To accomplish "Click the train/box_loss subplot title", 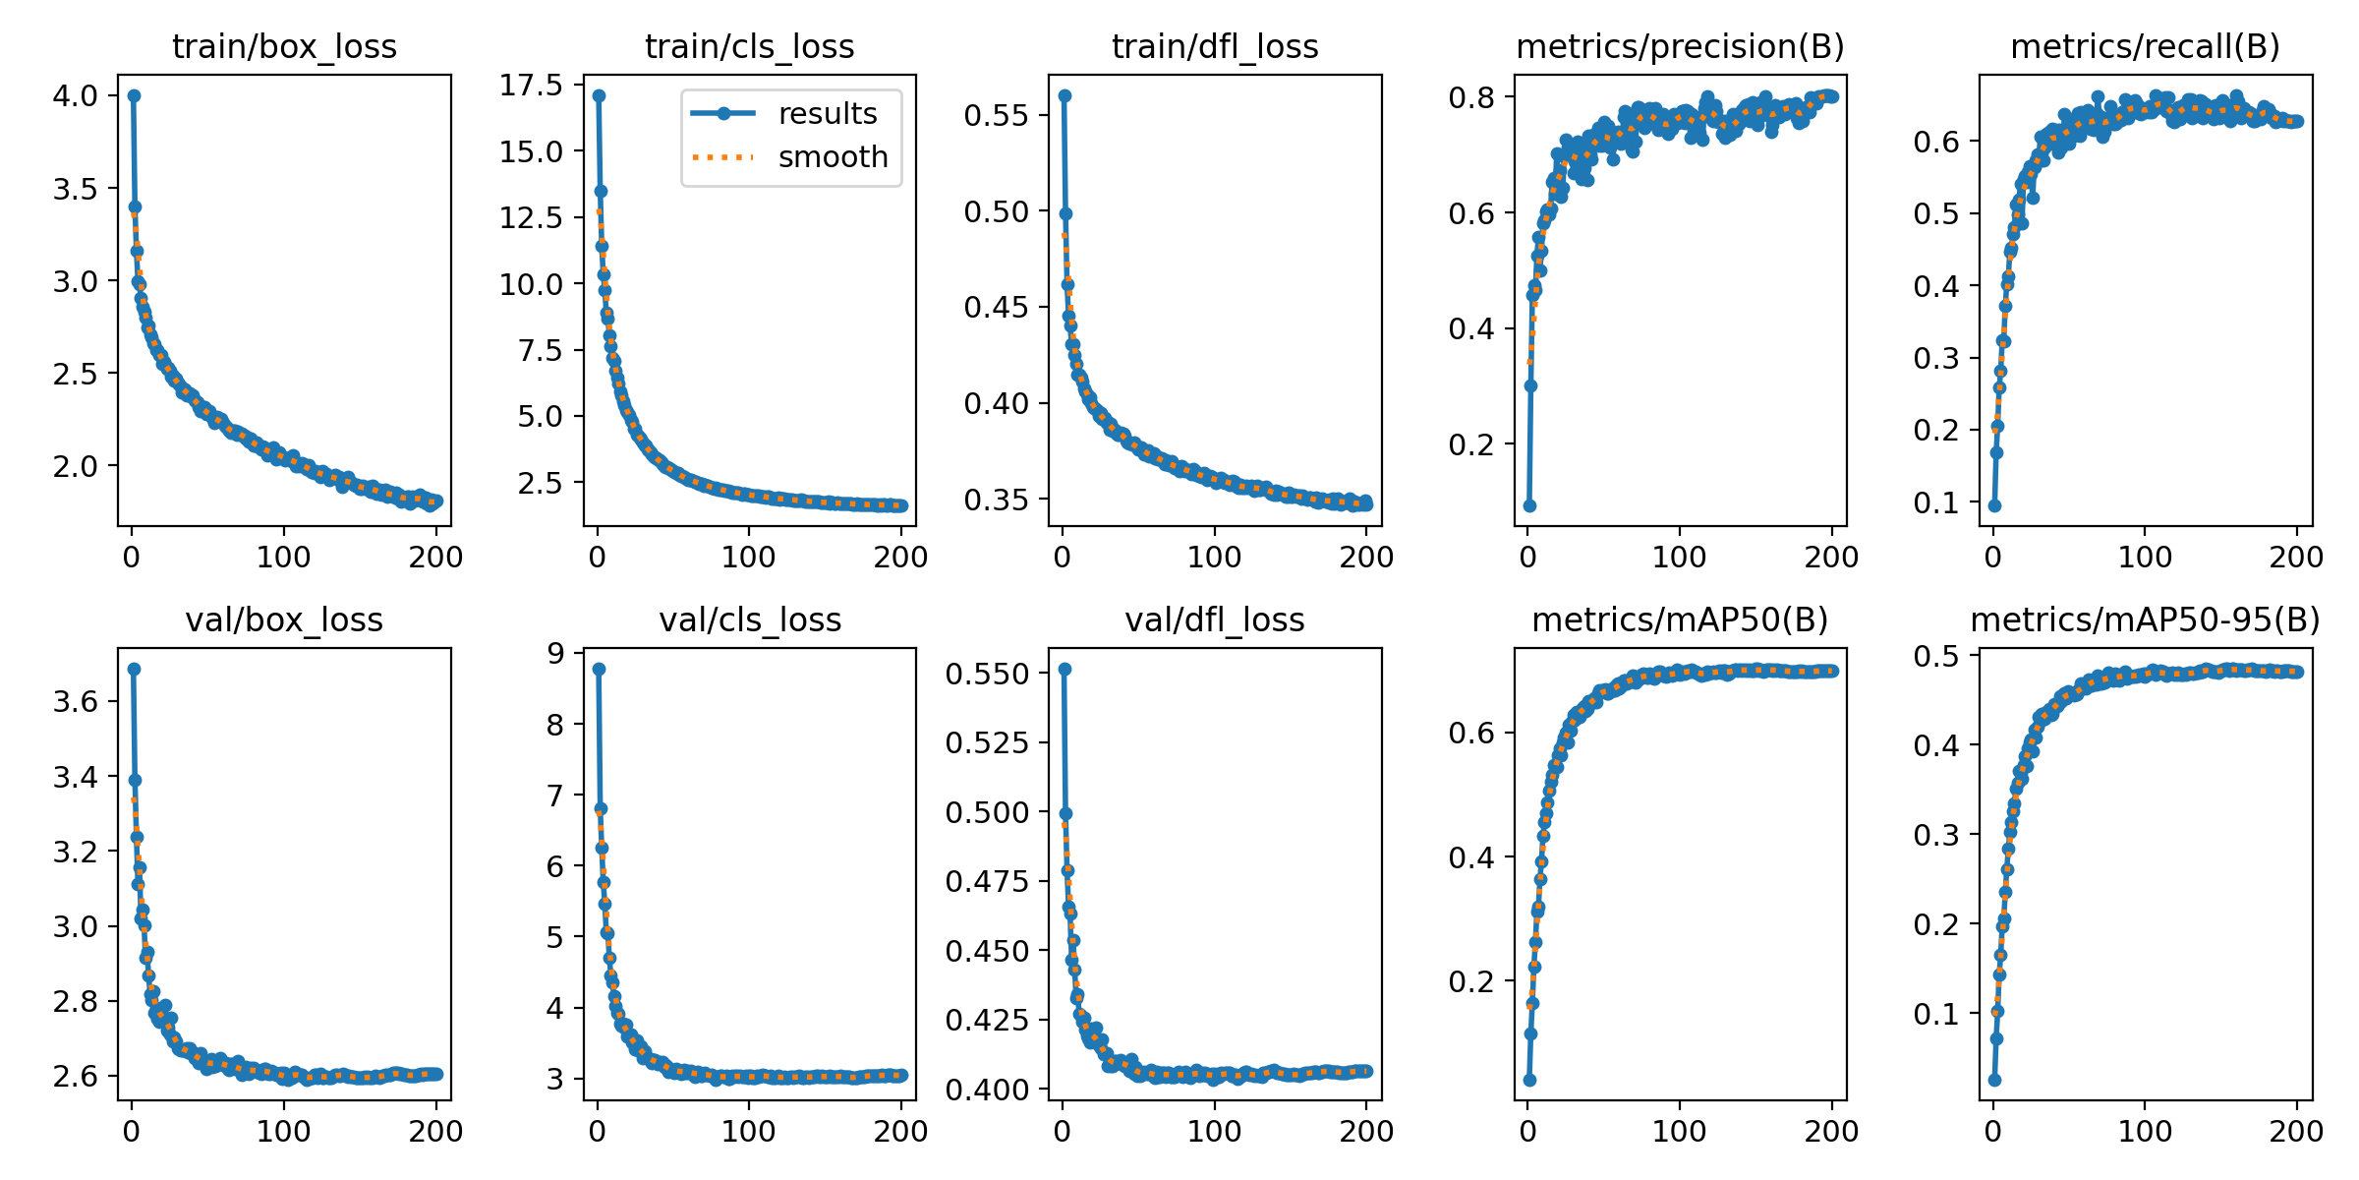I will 284,46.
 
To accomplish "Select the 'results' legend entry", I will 827,114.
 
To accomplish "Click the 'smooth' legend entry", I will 833,157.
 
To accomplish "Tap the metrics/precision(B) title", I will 1680,46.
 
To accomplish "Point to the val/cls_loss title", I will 750,619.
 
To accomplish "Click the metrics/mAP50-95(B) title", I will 2145,619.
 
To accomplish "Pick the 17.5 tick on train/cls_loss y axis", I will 532,86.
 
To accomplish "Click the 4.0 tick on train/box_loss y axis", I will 76,96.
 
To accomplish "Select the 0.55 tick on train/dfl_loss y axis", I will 996,115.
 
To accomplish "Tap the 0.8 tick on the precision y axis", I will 1470,97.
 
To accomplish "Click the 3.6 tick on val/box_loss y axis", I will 76,701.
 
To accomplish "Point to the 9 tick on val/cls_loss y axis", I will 556,654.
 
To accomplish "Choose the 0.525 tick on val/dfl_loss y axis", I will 987,742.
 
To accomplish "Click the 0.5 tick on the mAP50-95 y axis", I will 1935,656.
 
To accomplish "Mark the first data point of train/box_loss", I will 134,95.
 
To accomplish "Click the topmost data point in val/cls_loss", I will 599,669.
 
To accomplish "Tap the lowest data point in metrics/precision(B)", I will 1529,505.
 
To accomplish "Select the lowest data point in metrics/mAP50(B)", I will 1529,1080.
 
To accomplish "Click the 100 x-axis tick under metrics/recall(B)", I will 2145,557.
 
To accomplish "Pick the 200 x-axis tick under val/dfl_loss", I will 1366,1131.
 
